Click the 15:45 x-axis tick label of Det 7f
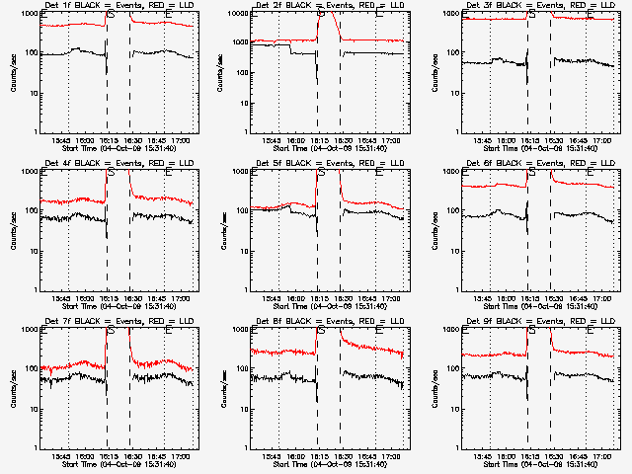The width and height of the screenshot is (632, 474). click(x=60, y=456)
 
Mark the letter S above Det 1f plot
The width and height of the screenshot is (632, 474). click(x=111, y=14)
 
